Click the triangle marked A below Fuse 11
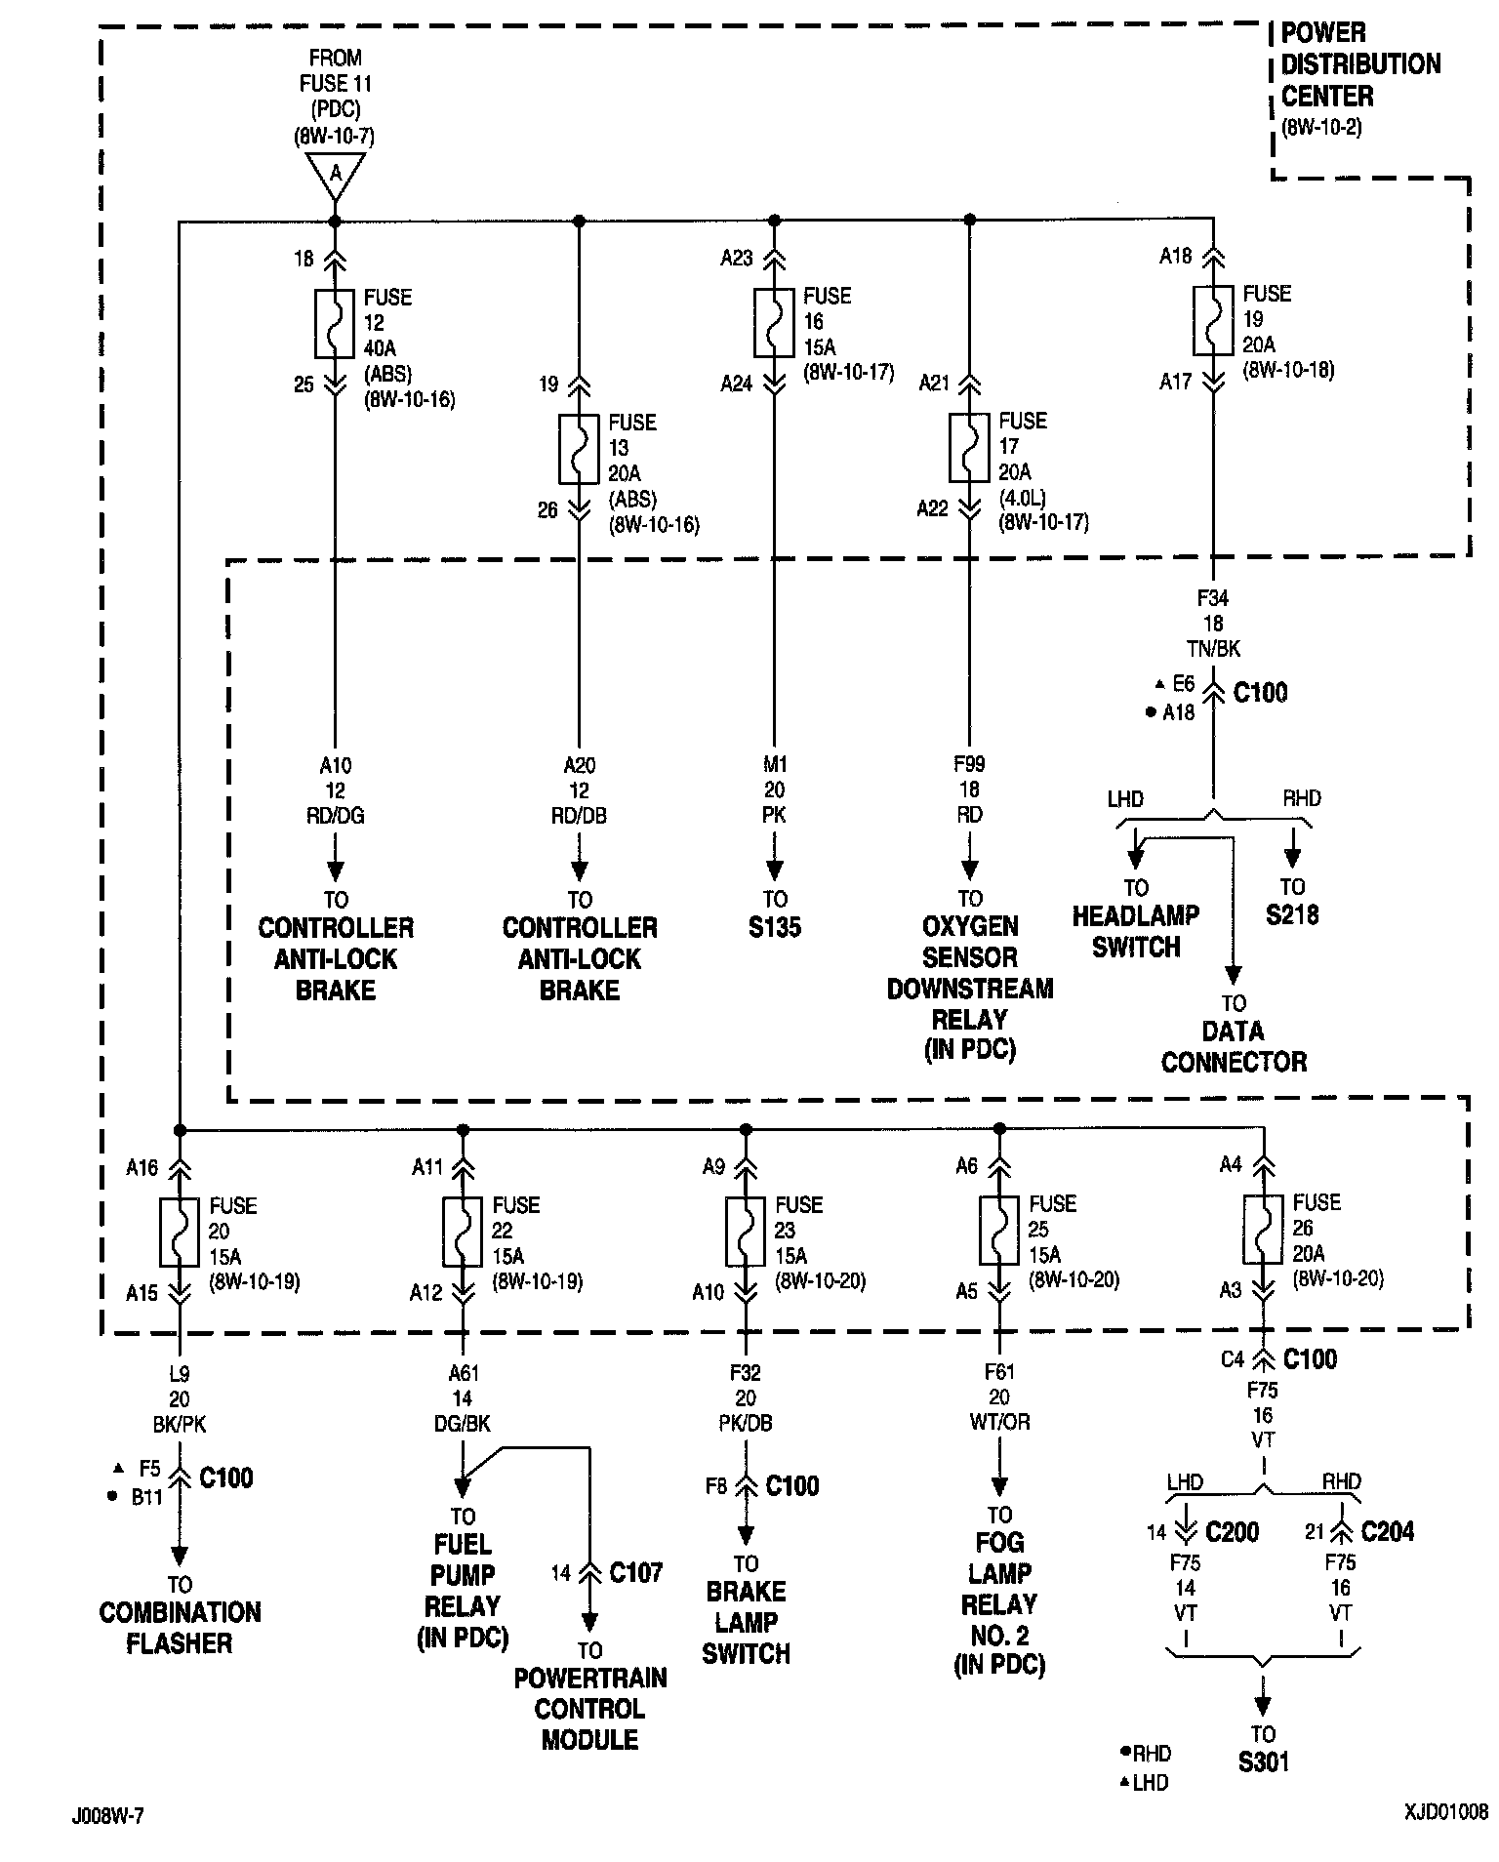[x=335, y=175]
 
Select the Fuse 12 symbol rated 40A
[x=335, y=324]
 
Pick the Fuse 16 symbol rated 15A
[x=774, y=323]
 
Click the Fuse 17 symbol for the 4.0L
[x=969, y=448]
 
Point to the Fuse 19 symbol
[x=1213, y=321]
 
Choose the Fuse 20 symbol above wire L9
[x=180, y=1232]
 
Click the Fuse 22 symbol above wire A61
[x=463, y=1232]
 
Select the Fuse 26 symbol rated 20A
[x=1264, y=1230]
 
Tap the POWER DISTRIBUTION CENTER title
[x=1359, y=64]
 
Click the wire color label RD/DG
[x=335, y=816]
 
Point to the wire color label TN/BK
[x=1213, y=648]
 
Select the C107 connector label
[x=635, y=1572]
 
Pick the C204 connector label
[x=1387, y=1532]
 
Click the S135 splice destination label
[x=774, y=927]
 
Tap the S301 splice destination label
[x=1263, y=1761]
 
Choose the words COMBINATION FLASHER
[x=180, y=1627]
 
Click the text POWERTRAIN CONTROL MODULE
[x=589, y=1708]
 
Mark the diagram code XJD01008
[x=1445, y=1812]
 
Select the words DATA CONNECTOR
[x=1234, y=1046]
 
